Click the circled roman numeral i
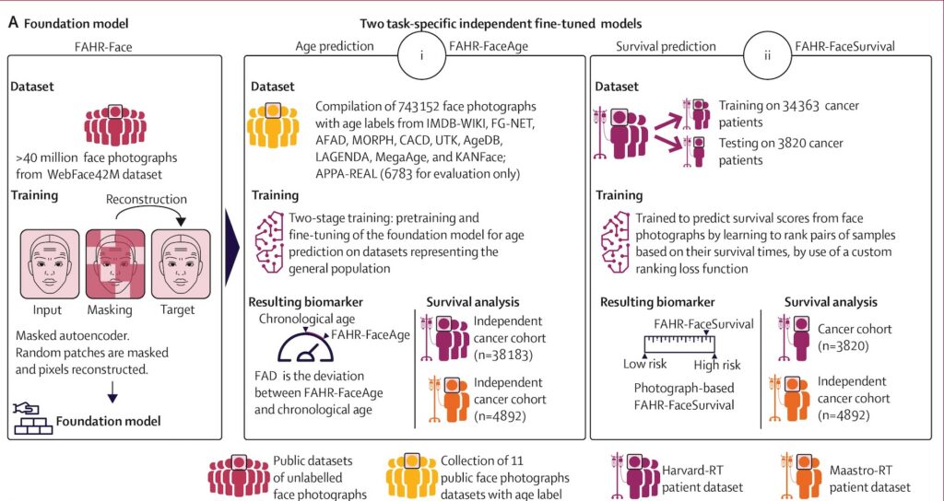pyautogui.click(x=421, y=56)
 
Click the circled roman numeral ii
pyautogui.click(x=767, y=56)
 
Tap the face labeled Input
pyautogui.click(x=50, y=264)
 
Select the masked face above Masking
pyautogui.click(x=115, y=264)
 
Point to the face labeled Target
pyautogui.click(x=181, y=264)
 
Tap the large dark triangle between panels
pyautogui.click(x=232, y=247)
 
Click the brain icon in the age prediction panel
pyautogui.click(x=269, y=243)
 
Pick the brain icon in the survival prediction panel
pyautogui.click(x=615, y=243)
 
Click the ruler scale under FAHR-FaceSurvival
pyautogui.click(x=679, y=344)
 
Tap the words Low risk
pyautogui.click(x=645, y=365)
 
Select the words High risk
pyautogui.click(x=717, y=365)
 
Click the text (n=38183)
pyautogui.click(x=503, y=355)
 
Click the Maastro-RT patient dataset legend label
pyautogui.click(x=870, y=478)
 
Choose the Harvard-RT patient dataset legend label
pyautogui.click(x=702, y=478)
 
